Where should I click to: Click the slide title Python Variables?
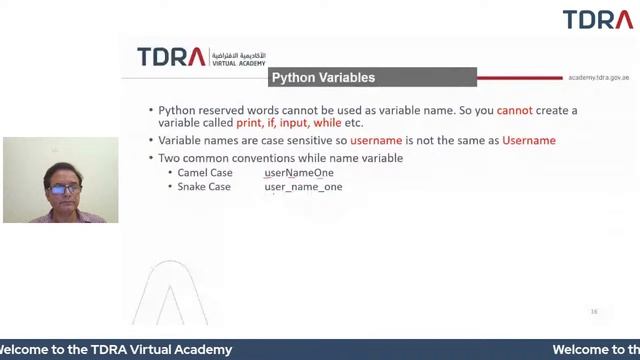[323, 78]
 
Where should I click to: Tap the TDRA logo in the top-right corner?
[597, 20]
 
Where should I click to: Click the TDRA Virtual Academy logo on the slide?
[200, 57]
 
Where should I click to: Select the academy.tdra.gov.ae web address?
[598, 77]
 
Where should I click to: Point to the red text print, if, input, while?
[289, 123]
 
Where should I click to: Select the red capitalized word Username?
[529, 141]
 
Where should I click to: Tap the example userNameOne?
[299, 173]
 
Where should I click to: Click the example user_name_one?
[303, 187]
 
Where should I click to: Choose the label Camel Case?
[204, 173]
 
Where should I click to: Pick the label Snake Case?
[204, 187]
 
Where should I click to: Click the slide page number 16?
[594, 311]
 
